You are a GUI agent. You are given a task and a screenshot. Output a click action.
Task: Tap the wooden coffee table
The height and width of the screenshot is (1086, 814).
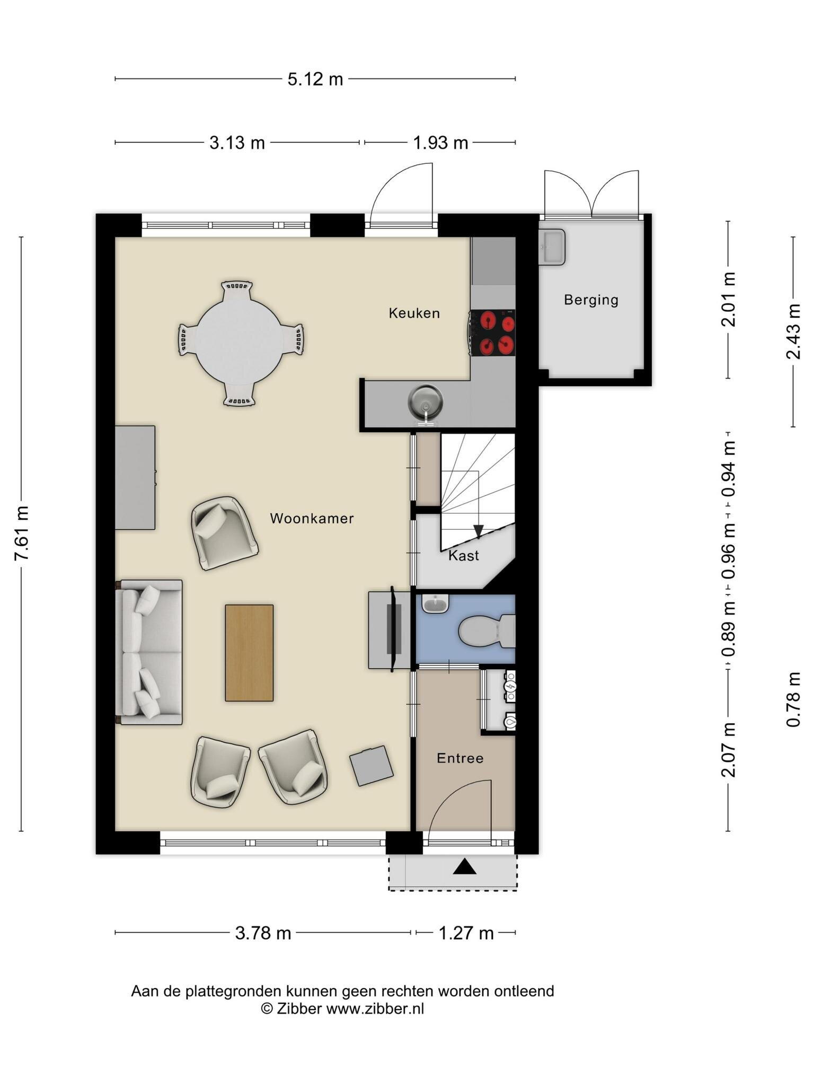[249, 653]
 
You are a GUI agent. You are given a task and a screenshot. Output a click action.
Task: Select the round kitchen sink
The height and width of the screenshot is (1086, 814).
[425, 401]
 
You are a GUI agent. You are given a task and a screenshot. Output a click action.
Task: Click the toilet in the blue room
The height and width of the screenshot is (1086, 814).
[486, 631]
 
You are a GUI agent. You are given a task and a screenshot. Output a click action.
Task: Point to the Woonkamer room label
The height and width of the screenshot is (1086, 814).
[312, 519]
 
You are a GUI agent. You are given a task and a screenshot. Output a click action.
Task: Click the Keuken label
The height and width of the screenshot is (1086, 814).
[414, 313]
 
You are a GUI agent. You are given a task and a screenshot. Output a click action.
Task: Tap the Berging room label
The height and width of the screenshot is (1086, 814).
[591, 300]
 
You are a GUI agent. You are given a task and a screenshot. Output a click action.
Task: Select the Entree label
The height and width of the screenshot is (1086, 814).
[460, 758]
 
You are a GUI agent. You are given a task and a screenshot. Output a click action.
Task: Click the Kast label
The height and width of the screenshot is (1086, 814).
[464, 556]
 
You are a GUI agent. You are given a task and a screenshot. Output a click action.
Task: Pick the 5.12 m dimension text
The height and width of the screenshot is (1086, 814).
[315, 79]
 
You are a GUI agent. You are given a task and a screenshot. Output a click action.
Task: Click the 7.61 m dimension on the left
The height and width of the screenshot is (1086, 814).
[22, 533]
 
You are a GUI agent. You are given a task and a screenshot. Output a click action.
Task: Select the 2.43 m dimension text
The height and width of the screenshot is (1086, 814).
[793, 331]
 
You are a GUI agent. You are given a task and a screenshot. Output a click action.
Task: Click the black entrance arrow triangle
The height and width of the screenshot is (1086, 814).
[465, 866]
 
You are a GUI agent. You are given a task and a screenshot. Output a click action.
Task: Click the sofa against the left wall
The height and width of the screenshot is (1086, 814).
[149, 652]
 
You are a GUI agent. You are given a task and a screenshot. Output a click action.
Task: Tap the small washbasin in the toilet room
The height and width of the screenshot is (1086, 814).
[436, 604]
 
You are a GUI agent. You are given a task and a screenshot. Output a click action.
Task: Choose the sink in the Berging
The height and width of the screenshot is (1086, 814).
[552, 247]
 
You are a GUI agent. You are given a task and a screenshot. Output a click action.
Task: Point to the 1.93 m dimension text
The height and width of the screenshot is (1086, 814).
[440, 143]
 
